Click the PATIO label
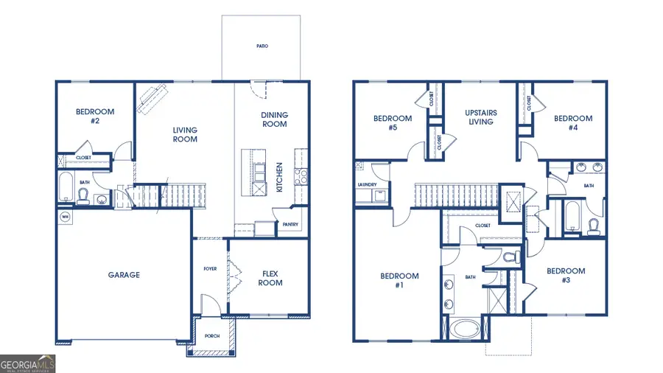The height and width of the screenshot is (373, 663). [262, 46]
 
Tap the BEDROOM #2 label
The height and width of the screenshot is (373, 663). [96, 116]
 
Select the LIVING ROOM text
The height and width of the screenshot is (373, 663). [185, 135]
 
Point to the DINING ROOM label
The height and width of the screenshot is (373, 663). [274, 119]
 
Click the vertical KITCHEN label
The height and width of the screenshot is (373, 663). [279, 177]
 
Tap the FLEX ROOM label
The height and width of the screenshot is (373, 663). [271, 278]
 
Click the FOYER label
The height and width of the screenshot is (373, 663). [211, 268]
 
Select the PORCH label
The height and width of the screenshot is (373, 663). [212, 336]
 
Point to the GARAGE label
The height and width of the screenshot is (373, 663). [124, 275]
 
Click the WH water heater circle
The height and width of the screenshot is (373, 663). [65, 217]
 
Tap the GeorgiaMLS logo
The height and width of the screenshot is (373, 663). [27, 363]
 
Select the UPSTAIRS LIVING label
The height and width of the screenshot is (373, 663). [480, 117]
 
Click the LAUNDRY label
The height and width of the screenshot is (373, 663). [367, 184]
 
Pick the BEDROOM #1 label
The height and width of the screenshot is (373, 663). [399, 281]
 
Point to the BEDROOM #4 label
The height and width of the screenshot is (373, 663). [573, 122]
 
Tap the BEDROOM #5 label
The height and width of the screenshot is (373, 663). [392, 122]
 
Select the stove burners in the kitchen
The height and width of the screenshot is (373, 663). [301, 176]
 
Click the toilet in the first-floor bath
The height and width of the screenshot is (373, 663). [83, 195]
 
